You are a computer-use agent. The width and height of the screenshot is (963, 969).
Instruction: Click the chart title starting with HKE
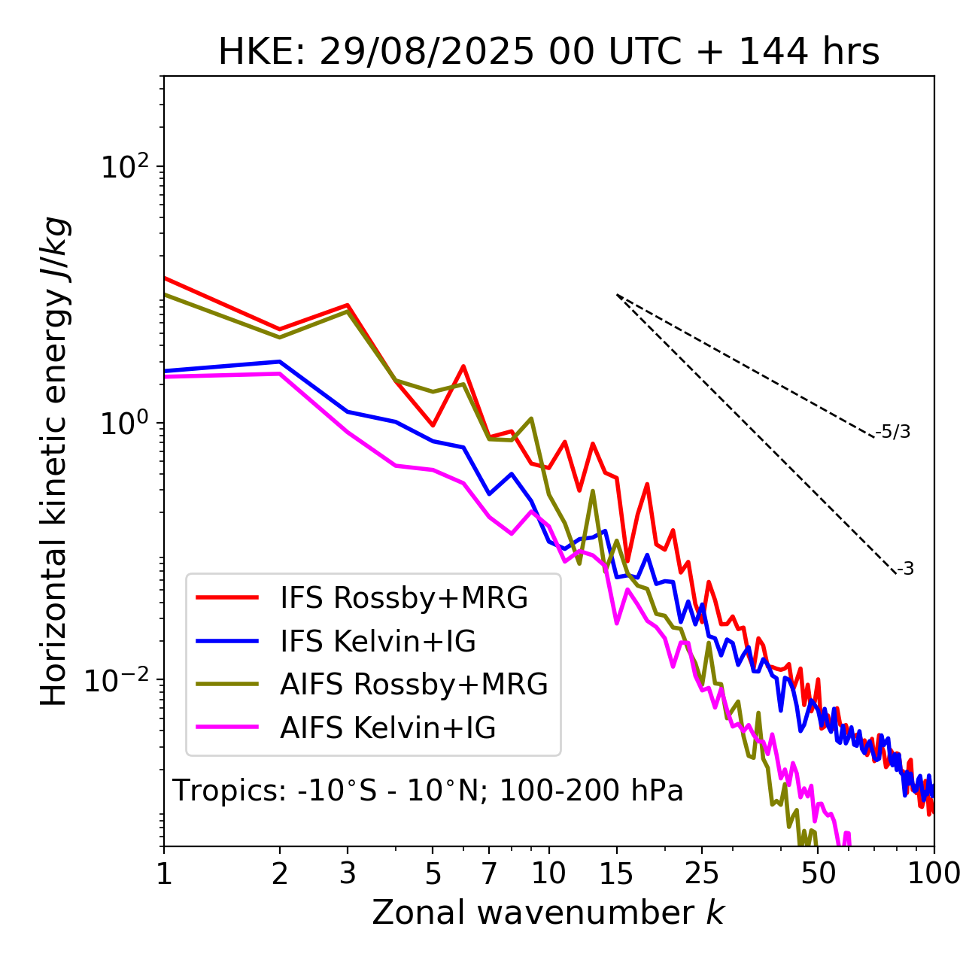[x=548, y=53]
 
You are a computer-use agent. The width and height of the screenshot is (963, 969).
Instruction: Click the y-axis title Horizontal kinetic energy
[x=54, y=461]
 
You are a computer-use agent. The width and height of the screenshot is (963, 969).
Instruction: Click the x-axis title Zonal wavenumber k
[x=548, y=913]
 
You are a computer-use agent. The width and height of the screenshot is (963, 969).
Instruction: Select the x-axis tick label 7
[x=489, y=873]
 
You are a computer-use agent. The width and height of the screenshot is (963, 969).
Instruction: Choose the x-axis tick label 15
[x=616, y=873]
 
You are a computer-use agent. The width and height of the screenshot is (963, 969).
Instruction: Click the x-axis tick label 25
[x=701, y=873]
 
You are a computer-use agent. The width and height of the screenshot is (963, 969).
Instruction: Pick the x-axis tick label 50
[x=818, y=873]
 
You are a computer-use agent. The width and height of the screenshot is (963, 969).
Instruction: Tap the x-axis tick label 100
[x=933, y=873]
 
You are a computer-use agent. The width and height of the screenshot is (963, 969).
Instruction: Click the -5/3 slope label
[x=893, y=433]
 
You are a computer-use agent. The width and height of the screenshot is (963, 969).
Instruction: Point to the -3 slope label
[x=905, y=570]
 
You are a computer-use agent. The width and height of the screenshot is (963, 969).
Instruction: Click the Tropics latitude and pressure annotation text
[x=427, y=791]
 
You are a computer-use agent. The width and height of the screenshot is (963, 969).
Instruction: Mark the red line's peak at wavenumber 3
[x=348, y=305]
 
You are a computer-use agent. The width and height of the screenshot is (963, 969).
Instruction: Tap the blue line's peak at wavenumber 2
[x=280, y=361]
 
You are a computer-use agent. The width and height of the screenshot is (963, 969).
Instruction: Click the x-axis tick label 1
[x=164, y=873]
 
